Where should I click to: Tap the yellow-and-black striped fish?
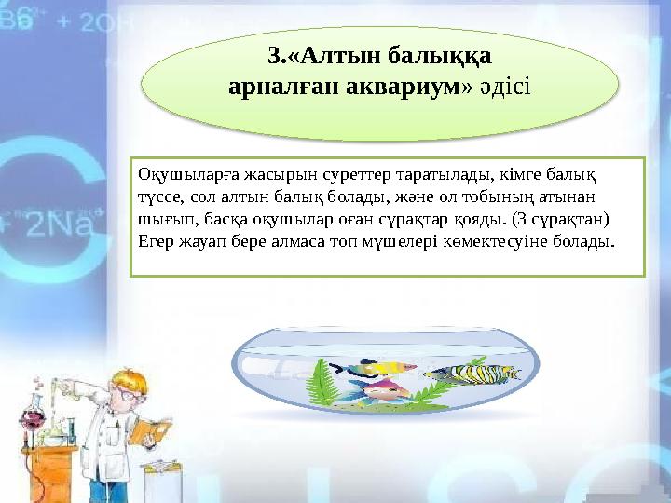(x=471, y=374)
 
